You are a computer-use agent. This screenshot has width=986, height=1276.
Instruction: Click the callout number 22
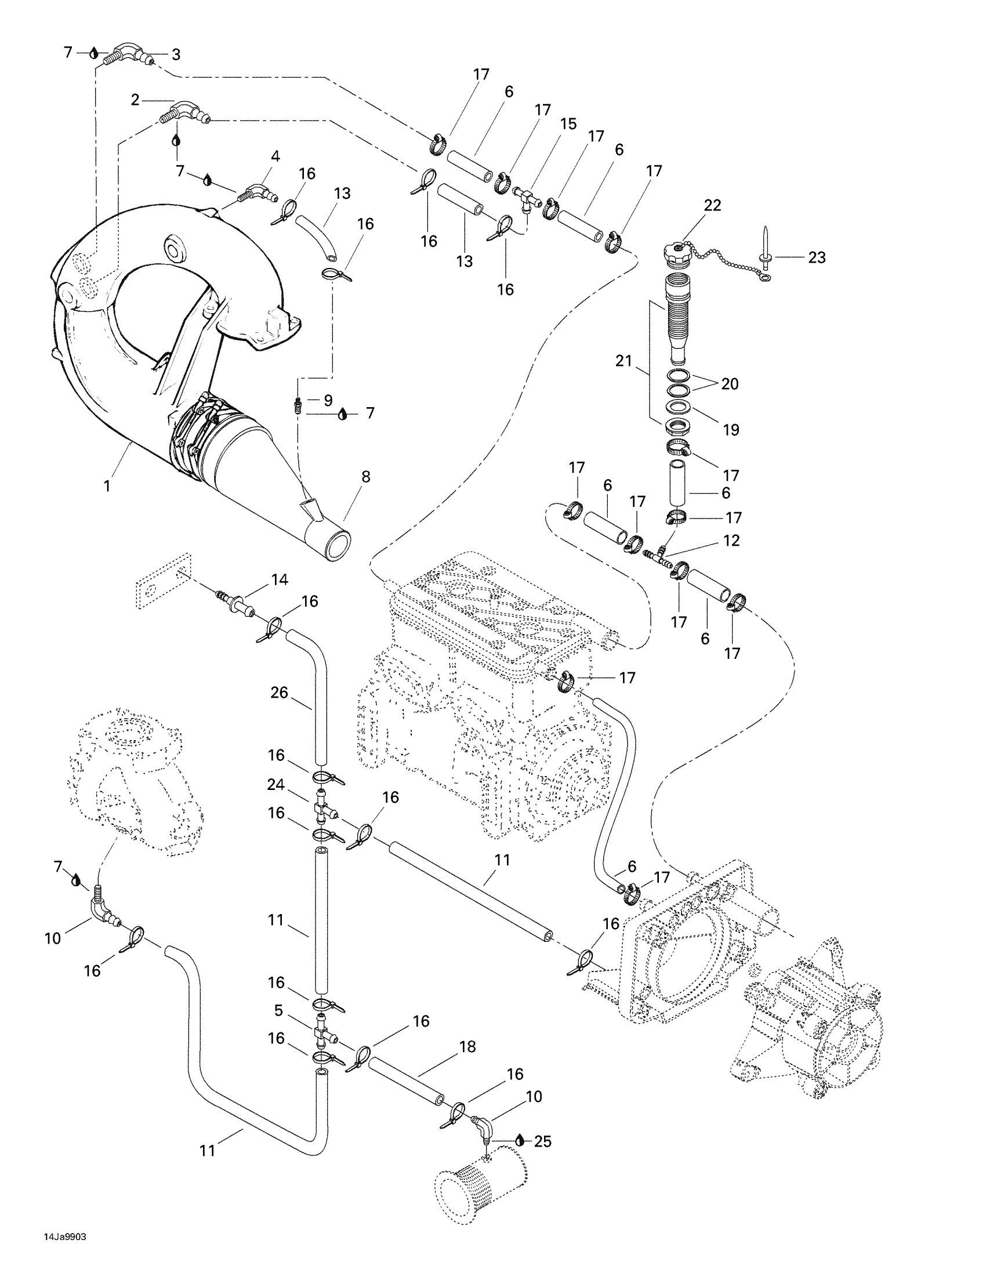pos(712,205)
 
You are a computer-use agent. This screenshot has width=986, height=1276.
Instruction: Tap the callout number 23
pos(817,257)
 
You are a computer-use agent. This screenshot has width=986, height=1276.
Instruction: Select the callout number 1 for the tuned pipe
pos(107,485)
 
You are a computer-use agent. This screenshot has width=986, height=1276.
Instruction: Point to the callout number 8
pos(365,477)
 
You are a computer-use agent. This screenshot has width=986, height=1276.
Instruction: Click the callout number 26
pos(279,693)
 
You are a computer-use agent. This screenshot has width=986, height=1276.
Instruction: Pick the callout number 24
pos(275,785)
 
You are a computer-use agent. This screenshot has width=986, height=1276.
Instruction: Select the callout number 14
pos(279,579)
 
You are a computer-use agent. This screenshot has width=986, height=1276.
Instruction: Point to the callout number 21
pos(624,361)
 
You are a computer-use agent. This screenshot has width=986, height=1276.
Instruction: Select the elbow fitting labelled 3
pos(130,54)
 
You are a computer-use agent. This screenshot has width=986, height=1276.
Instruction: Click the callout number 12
pos(731,541)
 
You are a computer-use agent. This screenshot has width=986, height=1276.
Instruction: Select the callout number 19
pos(731,430)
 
